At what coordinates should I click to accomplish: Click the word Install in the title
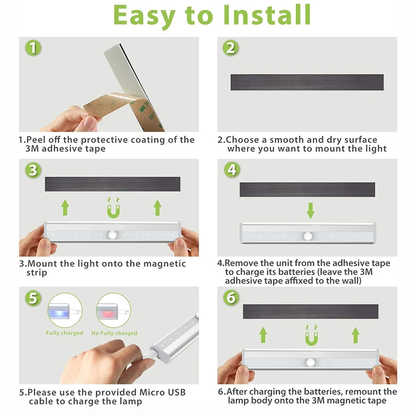267,15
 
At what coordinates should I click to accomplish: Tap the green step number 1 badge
33,48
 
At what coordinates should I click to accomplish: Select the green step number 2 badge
230,48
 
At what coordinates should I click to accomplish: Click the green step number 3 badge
33,170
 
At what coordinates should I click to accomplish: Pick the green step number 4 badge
232,170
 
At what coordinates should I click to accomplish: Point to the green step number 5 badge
33,298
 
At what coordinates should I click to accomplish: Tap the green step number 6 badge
231,297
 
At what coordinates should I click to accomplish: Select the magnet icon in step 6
311,335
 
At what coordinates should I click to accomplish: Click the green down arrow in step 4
310,211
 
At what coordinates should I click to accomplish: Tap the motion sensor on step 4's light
308,236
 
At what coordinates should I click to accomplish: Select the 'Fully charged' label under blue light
64,333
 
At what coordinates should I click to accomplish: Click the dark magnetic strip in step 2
307,82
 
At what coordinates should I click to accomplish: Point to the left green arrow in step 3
66,207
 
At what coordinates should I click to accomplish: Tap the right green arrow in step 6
356,335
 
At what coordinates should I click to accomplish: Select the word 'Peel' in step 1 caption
36,139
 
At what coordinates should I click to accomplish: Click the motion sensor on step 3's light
112,235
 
